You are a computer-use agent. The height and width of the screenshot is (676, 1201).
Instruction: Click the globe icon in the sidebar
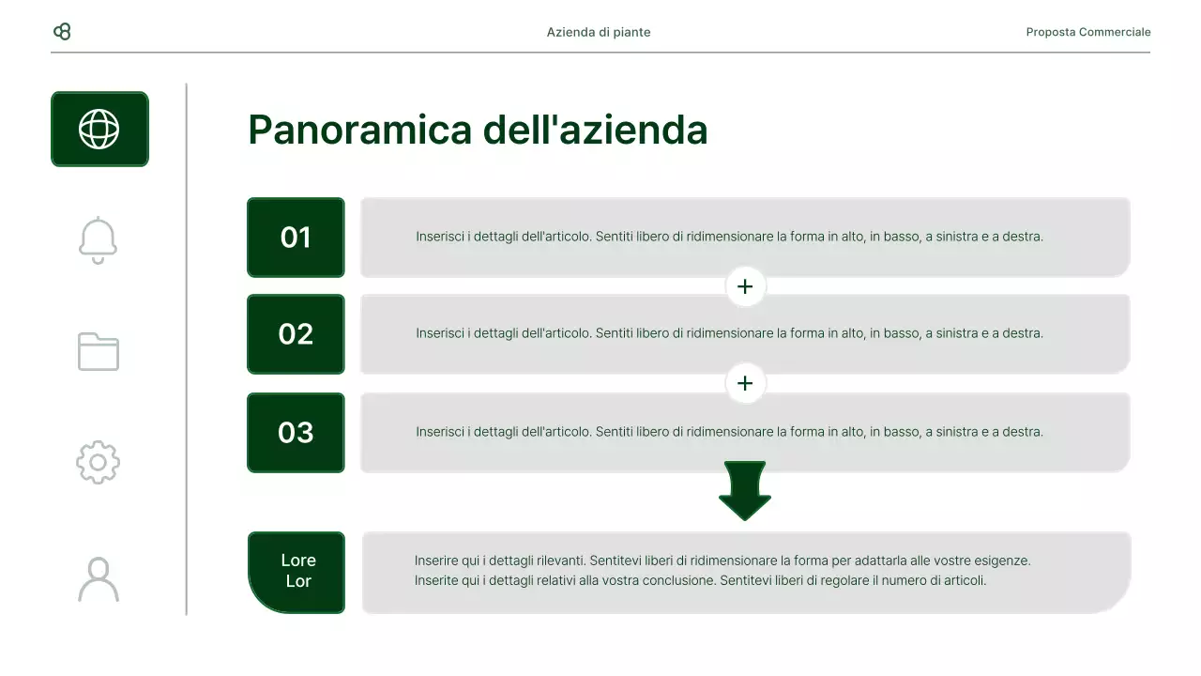pyautogui.click(x=99, y=129)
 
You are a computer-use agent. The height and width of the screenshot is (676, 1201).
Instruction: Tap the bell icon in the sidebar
pyautogui.click(x=99, y=240)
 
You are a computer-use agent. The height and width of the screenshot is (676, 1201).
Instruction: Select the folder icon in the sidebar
pyautogui.click(x=99, y=352)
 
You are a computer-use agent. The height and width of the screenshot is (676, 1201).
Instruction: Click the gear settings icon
pyautogui.click(x=99, y=463)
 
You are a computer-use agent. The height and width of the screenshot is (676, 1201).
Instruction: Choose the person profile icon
pyautogui.click(x=99, y=579)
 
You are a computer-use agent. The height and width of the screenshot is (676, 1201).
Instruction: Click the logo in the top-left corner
pyautogui.click(x=62, y=32)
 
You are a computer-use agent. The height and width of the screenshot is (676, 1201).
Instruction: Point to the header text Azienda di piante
pyautogui.click(x=599, y=32)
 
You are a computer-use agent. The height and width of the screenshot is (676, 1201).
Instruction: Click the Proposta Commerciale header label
pyautogui.click(x=1087, y=32)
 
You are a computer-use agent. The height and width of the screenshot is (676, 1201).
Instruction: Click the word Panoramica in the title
pyautogui.click(x=359, y=130)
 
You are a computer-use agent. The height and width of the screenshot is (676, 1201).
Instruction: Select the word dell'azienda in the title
pyautogui.click(x=595, y=130)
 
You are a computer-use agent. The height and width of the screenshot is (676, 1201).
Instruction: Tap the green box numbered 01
pyautogui.click(x=296, y=238)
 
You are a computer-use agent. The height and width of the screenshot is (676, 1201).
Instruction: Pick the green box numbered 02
pyautogui.click(x=296, y=334)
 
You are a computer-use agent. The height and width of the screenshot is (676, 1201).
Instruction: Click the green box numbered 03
pyautogui.click(x=296, y=433)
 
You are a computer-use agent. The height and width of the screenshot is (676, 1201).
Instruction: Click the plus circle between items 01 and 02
pyautogui.click(x=745, y=286)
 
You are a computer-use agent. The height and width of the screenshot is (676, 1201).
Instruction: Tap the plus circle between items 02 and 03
pyautogui.click(x=745, y=383)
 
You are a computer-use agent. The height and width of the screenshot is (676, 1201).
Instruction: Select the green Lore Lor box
pyautogui.click(x=297, y=572)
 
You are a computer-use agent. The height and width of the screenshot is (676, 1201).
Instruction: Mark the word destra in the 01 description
pyautogui.click(x=1022, y=237)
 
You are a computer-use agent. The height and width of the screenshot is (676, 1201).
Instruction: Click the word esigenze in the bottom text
pyautogui.click(x=1000, y=561)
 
